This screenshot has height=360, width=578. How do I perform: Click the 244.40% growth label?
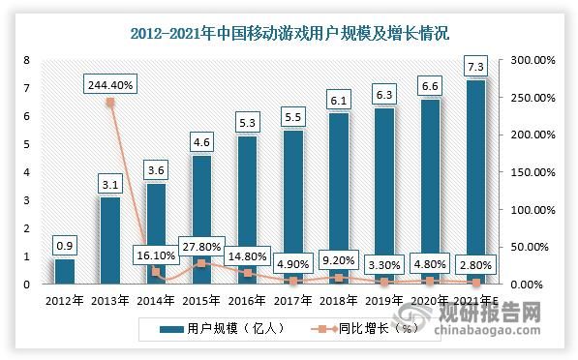[x=110, y=84]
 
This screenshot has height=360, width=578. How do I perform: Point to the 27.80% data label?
[x=201, y=246]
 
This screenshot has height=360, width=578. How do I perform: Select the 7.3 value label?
[x=476, y=65]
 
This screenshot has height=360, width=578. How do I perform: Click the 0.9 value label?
[x=65, y=245]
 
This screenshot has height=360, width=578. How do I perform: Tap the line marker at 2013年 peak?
[x=110, y=102]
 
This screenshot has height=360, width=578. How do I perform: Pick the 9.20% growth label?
[x=339, y=260]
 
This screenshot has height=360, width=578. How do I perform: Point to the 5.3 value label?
[x=247, y=122]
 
